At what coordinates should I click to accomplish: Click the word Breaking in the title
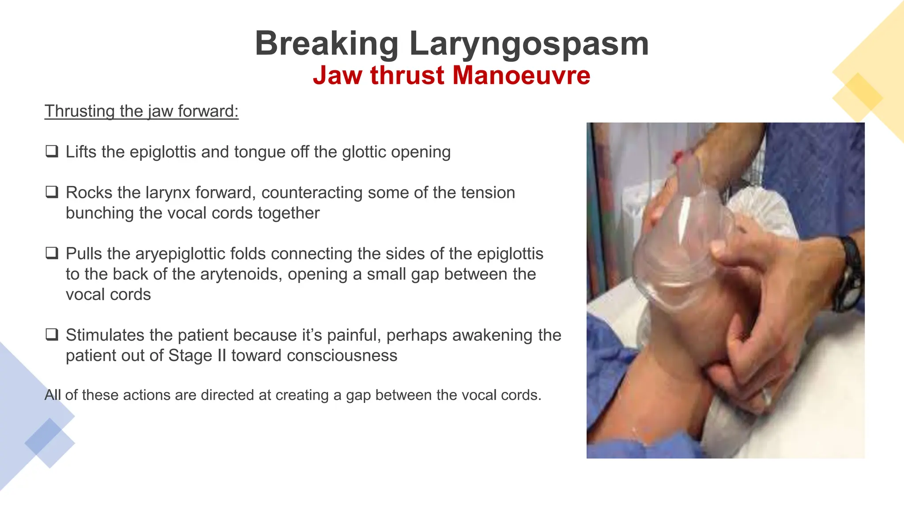pos(327,44)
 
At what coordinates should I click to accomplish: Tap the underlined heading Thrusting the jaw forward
pos(141,111)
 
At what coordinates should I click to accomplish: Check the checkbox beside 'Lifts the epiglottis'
pos(52,152)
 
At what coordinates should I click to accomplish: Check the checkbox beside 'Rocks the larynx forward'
pos(52,192)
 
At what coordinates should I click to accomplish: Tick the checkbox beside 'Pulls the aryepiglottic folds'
pos(52,253)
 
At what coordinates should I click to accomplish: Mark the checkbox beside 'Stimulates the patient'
pos(52,334)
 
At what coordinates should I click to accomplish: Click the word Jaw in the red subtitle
pos(337,75)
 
